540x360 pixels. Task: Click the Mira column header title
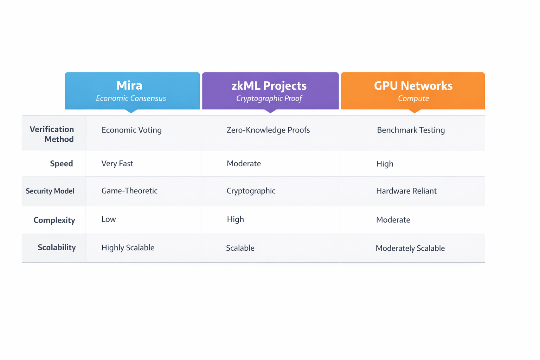[x=129, y=85]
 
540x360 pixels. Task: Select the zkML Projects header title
[x=269, y=86]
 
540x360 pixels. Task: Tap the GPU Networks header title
[x=413, y=86]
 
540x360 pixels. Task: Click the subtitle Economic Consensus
[x=131, y=98]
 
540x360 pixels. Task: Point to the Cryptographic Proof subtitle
[x=269, y=98]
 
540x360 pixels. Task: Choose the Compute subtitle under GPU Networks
[x=413, y=98]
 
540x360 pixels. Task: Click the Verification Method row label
[x=52, y=134]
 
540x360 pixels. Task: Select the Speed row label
[x=62, y=163]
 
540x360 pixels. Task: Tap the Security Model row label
[x=50, y=191]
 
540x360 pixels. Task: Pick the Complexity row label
[x=54, y=220]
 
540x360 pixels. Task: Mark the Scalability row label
[x=57, y=247]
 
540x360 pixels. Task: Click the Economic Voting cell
[x=131, y=130]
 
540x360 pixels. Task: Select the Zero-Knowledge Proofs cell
[x=268, y=130]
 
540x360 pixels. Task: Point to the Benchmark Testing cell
[x=411, y=130]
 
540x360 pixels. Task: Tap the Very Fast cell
[x=117, y=163]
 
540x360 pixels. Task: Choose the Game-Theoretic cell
[x=129, y=191]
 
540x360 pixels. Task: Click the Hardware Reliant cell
[x=406, y=191]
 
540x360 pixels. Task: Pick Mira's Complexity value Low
[x=109, y=219]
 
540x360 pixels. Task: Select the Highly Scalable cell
[x=128, y=247]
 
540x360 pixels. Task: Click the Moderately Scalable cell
[x=410, y=248]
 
